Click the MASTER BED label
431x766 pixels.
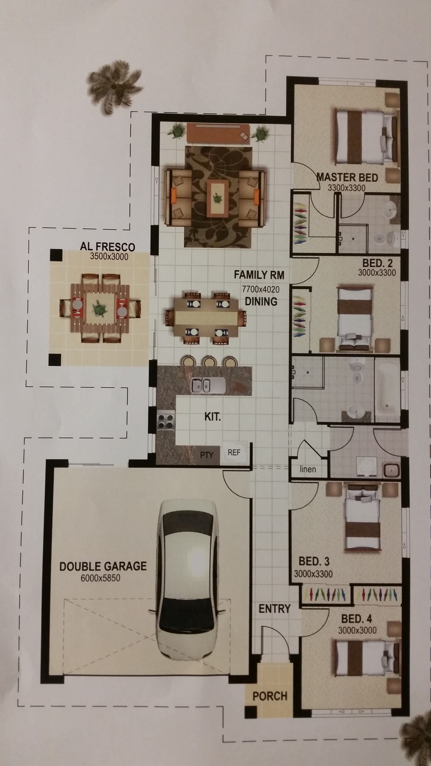[347, 177]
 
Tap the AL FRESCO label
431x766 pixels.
[108, 246]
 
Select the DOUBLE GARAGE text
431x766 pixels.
[103, 566]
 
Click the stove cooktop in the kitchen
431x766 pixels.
[166, 420]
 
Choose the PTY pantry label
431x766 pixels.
[207, 455]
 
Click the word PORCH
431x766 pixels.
[270, 696]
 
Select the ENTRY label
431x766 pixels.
[274, 609]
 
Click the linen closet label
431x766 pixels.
[308, 469]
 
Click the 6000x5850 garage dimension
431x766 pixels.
[101, 578]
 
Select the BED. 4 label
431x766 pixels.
[357, 619]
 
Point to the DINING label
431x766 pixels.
[261, 301]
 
